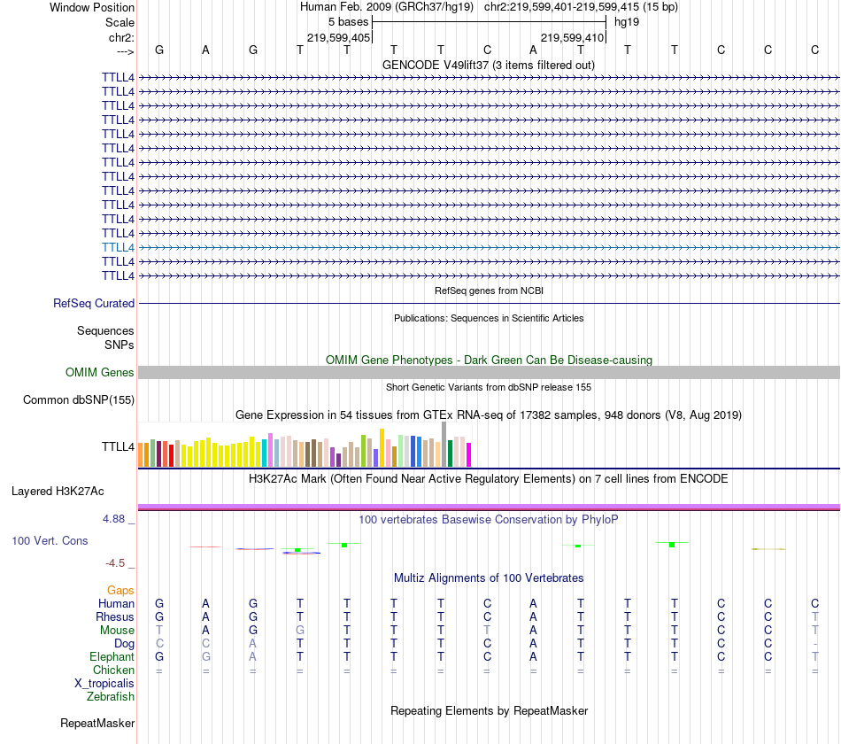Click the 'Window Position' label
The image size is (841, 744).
coord(92,7)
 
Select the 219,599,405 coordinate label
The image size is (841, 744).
coord(338,38)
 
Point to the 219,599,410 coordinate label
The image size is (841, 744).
coord(572,38)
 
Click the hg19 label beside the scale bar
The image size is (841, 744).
coord(627,21)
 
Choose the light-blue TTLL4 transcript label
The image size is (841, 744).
coord(118,247)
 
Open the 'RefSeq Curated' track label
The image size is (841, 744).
coord(94,303)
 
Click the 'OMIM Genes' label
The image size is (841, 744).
coord(100,373)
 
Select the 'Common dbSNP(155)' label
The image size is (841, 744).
coord(79,400)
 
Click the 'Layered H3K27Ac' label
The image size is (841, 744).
coord(58,491)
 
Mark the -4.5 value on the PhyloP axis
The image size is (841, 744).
coord(117,562)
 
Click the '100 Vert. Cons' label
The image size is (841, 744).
coord(50,540)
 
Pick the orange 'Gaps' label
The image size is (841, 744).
coord(120,590)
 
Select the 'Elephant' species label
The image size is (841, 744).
coord(112,656)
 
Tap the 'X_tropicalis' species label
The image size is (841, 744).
coord(104,683)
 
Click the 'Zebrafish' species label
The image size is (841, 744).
coord(111,696)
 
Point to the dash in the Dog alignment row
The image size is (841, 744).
coord(814,643)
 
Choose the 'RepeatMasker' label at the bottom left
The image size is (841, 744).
coord(97,723)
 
